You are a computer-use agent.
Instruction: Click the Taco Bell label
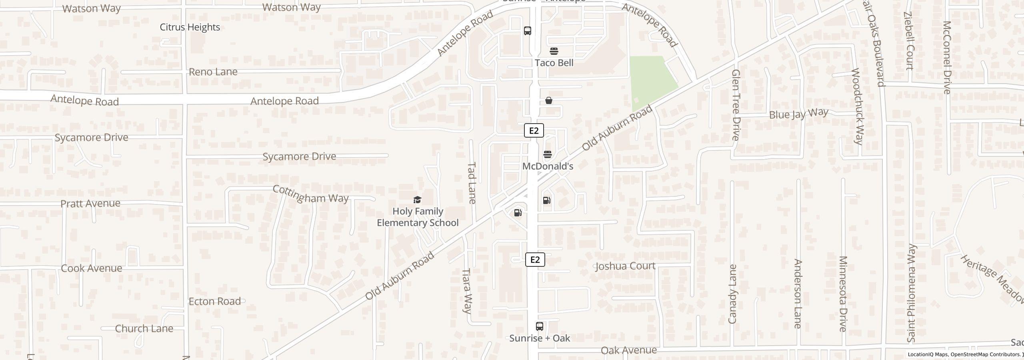point(554,63)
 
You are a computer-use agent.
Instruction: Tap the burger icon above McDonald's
point(548,154)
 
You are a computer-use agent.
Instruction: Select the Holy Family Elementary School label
point(418,217)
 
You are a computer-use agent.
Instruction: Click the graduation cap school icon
point(417,200)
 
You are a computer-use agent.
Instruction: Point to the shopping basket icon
point(549,100)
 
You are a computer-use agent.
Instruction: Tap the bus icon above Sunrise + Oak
point(540,326)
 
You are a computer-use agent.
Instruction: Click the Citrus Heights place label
point(190,27)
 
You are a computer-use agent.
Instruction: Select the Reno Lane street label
point(213,72)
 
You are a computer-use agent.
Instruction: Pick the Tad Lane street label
point(472,183)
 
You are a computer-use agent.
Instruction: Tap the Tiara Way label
point(467,290)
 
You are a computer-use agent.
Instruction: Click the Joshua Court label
point(625,266)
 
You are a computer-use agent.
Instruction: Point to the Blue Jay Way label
point(798,114)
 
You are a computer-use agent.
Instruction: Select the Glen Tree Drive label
point(735,105)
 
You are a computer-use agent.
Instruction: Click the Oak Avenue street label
point(628,350)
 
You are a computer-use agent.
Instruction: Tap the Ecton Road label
point(214,301)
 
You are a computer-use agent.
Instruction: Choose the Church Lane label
point(144,328)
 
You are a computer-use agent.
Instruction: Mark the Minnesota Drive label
point(843,294)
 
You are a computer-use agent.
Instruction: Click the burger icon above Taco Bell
point(554,51)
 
